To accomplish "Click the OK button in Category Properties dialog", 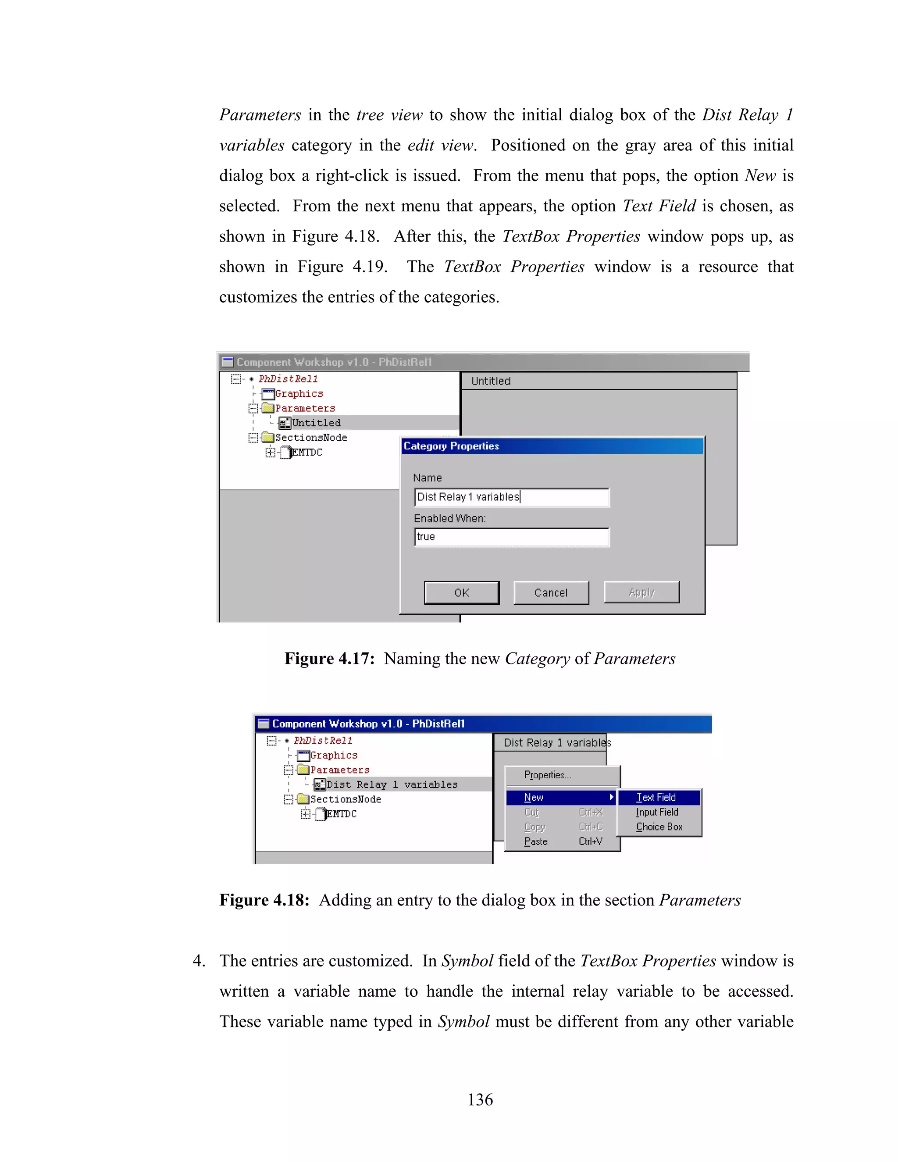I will click(x=461, y=593).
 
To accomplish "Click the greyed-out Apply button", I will click(x=641, y=592).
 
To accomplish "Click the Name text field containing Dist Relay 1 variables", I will click(x=511, y=497).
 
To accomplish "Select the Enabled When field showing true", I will click(x=511, y=537).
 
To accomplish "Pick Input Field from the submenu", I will click(x=657, y=812).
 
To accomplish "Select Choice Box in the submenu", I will click(x=659, y=827).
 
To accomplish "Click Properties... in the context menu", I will click(x=547, y=775).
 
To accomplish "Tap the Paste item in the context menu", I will click(x=536, y=841).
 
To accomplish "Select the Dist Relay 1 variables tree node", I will click(x=392, y=784).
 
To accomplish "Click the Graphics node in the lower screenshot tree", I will click(x=334, y=755).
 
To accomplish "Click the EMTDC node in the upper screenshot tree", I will click(x=307, y=452).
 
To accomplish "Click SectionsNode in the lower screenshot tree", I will click(x=345, y=799).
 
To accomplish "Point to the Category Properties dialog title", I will click(x=451, y=446).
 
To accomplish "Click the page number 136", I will click(x=480, y=1099).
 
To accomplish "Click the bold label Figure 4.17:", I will click(x=329, y=659).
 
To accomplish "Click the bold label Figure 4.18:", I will click(x=264, y=900).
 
